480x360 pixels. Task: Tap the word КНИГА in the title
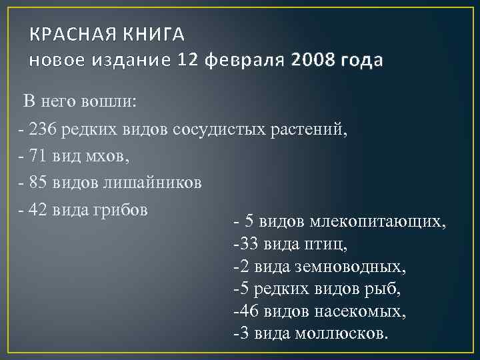[x=153, y=34]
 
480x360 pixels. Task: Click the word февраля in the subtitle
[x=247, y=61]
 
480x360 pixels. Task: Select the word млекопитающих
[x=383, y=221]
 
